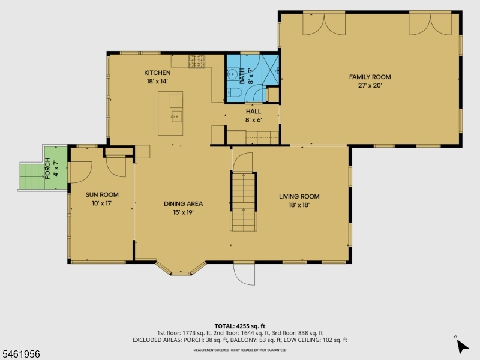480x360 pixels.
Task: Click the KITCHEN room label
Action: coord(157,73)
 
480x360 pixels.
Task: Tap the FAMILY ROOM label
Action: coord(370,77)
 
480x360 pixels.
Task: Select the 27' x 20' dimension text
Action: coord(370,85)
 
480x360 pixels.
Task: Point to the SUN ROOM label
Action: coord(102,194)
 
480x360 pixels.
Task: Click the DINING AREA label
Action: coord(184,204)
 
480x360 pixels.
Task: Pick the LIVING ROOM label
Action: coord(299,197)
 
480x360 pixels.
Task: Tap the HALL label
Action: coord(253,112)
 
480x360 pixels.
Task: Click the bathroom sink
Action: coord(233,74)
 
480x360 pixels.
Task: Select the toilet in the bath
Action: coord(234,92)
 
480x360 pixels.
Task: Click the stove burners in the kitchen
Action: coord(197,61)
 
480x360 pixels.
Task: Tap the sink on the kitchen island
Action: coord(176,116)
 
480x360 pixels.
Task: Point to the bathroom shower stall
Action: coord(271,70)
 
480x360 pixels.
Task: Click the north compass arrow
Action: coord(461,346)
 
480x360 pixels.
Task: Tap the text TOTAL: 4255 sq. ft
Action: coord(239,326)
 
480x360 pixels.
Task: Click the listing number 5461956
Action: coord(20,354)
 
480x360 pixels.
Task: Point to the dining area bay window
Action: coord(181,269)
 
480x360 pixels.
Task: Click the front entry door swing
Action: coord(244,274)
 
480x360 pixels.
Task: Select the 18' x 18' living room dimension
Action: coord(299,205)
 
